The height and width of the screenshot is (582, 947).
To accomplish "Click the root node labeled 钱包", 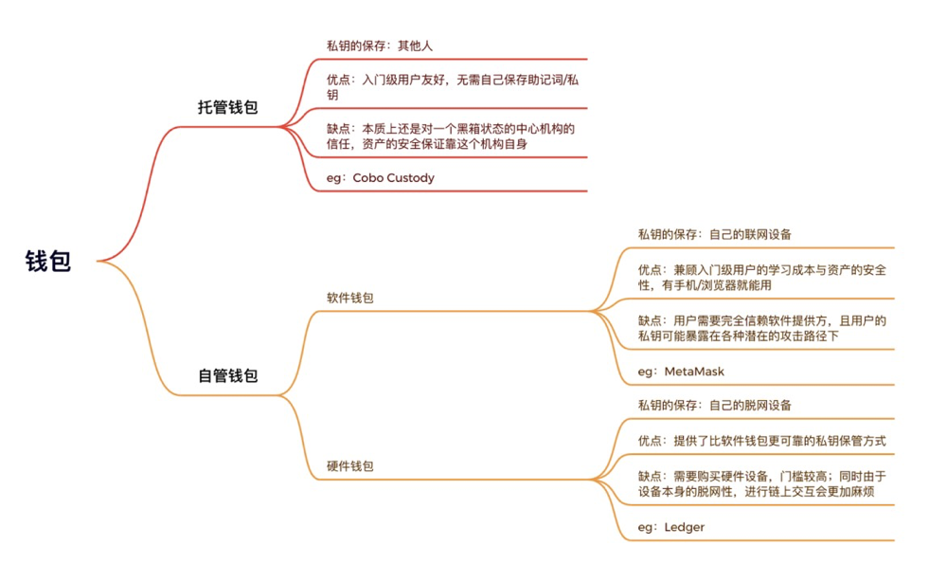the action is [47, 262].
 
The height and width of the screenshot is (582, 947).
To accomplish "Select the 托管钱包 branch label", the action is [227, 107].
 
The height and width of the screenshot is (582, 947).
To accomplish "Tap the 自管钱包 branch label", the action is [227, 375].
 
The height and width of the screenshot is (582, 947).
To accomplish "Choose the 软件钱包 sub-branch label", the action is [349, 298].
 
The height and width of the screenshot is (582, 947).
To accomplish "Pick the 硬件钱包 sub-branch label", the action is [349, 466].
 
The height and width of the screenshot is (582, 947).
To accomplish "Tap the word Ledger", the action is [684, 527].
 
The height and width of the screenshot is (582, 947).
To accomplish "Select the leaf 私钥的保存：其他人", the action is [380, 45].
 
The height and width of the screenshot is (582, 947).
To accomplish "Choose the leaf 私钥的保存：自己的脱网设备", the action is [714, 405].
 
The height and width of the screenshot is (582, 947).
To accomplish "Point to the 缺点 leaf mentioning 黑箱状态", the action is [451, 136].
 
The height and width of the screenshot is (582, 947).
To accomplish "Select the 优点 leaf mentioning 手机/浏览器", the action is [761, 278].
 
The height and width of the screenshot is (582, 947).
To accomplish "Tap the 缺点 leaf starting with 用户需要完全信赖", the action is [761, 328].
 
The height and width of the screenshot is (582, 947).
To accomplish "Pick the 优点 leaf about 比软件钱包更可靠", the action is [761, 441].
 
